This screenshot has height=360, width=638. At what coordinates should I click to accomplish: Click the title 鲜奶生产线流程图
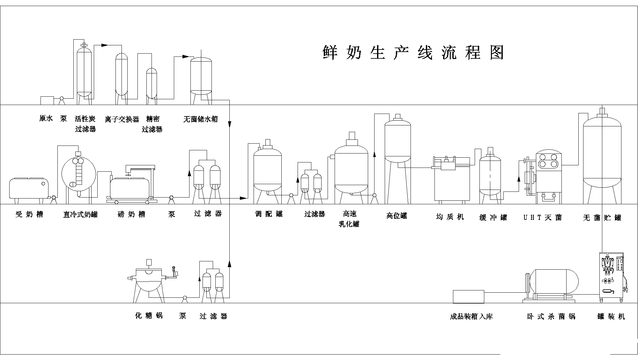413,53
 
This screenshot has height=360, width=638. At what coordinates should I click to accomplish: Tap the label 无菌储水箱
201,119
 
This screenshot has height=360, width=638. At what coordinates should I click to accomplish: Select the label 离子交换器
122,119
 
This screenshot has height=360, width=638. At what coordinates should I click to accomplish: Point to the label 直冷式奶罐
80,214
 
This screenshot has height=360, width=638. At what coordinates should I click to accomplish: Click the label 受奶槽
29,214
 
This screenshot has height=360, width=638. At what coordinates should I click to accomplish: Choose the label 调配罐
269,214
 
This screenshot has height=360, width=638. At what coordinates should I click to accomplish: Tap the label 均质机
450,217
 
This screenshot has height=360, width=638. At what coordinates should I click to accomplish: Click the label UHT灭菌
542,218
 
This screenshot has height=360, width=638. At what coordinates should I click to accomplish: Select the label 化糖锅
149,316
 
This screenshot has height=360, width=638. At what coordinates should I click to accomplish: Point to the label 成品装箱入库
471,317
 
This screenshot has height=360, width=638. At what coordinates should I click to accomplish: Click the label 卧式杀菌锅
551,317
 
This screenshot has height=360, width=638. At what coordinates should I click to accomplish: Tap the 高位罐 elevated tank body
397,140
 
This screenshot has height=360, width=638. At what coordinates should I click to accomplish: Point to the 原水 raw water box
47,100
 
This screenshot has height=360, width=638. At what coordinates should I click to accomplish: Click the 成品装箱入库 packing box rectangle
468,296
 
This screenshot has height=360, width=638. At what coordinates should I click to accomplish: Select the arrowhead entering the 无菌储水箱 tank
186,56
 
